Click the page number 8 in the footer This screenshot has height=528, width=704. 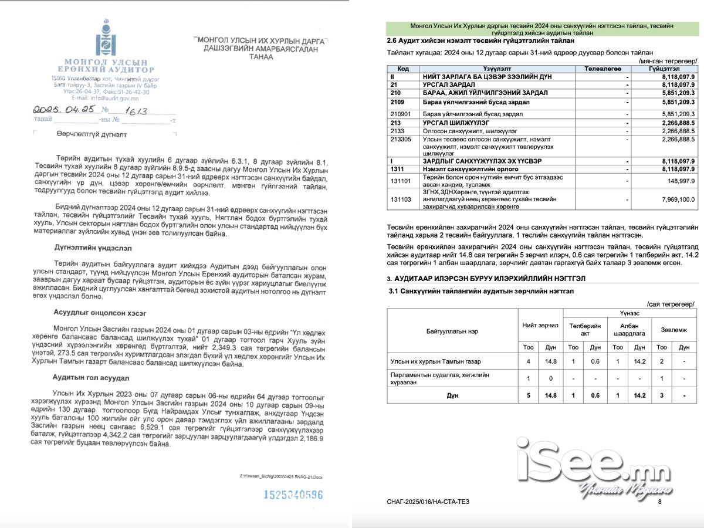659,502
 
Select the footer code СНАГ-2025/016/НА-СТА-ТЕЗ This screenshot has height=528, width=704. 428,502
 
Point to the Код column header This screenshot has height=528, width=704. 403,69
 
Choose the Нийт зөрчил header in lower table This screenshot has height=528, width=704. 540,324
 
